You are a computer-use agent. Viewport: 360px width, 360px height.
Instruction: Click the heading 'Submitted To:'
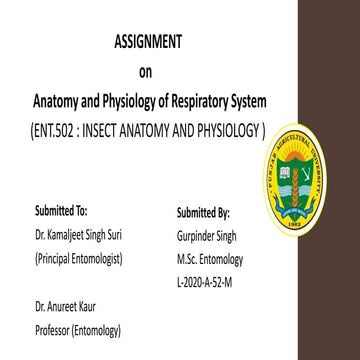[60, 212]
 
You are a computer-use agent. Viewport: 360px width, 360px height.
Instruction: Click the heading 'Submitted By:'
[202, 212]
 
